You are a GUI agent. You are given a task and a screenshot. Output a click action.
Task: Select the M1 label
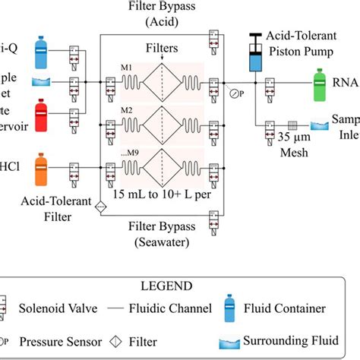pyautogui.click(x=127, y=68)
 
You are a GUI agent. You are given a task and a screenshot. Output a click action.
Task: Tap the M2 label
pyautogui.click(x=127, y=111)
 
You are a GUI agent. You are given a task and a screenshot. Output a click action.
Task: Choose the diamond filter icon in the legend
pyautogui.click(x=133, y=339)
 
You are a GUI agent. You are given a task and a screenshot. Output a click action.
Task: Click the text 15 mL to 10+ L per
pyautogui.click(x=172, y=193)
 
